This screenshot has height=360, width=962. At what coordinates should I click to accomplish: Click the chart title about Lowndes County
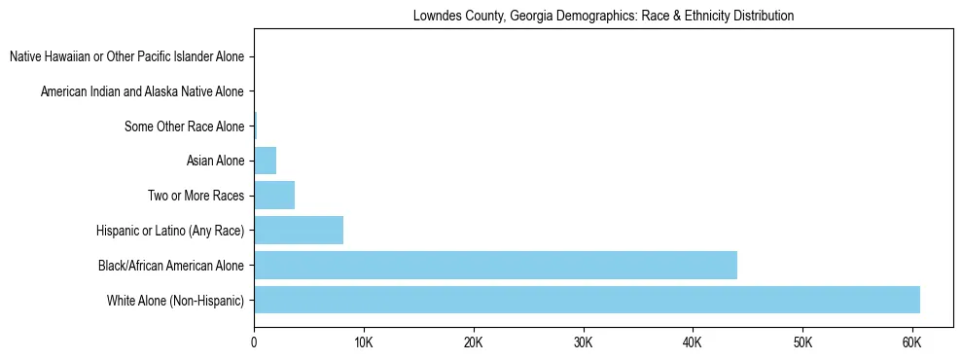(603, 17)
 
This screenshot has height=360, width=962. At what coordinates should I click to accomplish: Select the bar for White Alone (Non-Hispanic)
(587, 300)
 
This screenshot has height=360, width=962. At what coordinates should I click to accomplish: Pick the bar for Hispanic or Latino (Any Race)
(299, 231)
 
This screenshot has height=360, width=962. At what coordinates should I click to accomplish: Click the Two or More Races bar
(274, 196)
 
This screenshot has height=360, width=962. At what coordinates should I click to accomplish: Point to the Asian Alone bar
(266, 161)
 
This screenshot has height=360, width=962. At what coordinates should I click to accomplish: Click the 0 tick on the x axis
(254, 342)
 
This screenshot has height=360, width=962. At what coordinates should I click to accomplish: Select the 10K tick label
(364, 342)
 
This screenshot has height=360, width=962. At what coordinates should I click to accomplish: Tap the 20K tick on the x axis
(473, 342)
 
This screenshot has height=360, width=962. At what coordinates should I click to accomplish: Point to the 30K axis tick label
(583, 342)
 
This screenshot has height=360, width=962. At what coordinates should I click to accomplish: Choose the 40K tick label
(693, 342)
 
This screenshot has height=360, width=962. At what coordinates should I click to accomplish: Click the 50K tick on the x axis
(802, 342)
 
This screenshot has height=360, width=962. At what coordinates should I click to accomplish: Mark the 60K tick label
(911, 342)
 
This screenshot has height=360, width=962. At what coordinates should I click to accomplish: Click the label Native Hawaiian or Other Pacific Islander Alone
(127, 56)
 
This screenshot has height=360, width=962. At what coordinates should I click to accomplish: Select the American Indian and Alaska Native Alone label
(143, 91)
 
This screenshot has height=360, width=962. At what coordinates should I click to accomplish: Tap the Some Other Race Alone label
(185, 126)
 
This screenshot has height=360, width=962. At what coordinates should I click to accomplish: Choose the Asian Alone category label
(215, 161)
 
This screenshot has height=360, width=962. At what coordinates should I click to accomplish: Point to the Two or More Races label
(196, 196)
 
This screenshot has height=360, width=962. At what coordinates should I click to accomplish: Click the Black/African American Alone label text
(171, 265)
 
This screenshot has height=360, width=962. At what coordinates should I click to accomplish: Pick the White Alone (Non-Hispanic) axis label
(176, 300)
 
